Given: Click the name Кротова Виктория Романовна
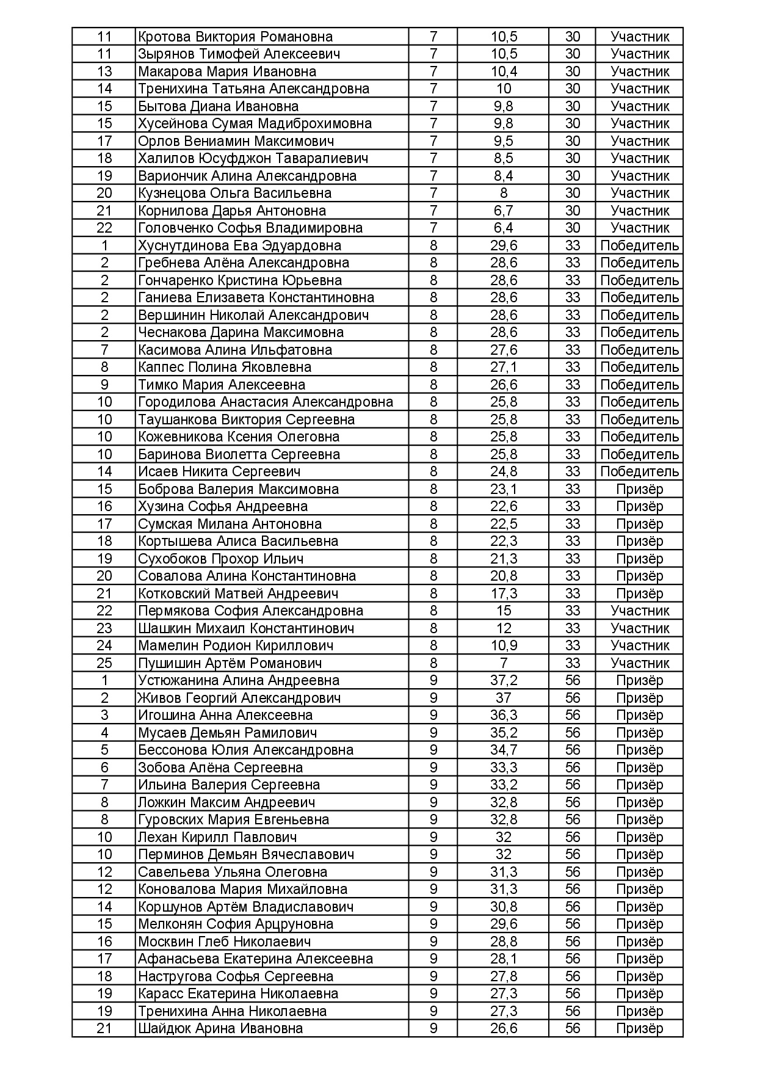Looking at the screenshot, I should click(235, 37).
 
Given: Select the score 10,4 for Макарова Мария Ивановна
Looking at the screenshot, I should click(504, 71).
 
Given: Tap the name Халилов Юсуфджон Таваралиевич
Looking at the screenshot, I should click(253, 158).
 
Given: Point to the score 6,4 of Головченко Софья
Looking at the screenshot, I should click(504, 228).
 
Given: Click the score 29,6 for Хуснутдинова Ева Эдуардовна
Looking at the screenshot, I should click(504, 245).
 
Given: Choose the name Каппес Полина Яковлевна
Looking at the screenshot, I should click(225, 367).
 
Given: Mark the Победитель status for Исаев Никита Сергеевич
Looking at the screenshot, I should click(639, 471).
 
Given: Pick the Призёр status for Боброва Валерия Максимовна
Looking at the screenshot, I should click(639, 489).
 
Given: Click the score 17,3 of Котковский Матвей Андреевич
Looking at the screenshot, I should click(504, 594).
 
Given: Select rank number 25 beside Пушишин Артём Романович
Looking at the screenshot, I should click(104, 663).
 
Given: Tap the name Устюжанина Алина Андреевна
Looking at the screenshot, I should click(238, 680).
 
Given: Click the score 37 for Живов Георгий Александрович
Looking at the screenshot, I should click(504, 698).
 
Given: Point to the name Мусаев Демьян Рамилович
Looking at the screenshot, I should click(227, 733).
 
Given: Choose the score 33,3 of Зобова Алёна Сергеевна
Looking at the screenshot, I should click(504, 768).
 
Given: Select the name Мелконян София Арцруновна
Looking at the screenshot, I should click(236, 924).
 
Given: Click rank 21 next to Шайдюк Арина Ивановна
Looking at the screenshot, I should click(104, 1028).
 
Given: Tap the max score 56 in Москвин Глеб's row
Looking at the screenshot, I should click(572, 942).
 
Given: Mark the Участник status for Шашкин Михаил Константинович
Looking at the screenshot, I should click(639, 628).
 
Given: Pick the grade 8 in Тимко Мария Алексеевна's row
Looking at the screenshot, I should click(433, 385).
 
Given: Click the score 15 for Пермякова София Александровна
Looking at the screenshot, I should click(504, 611).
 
